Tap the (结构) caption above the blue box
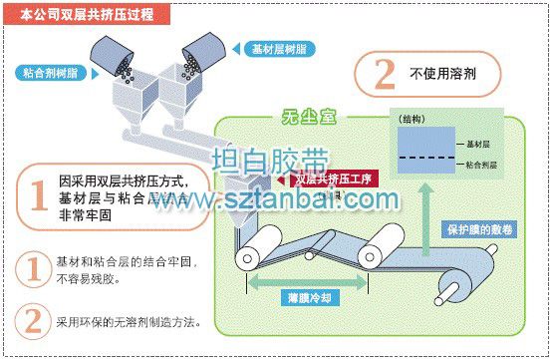[410, 120]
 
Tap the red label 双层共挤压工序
[334, 180]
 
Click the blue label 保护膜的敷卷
[483, 229]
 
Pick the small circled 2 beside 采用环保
[34, 321]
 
